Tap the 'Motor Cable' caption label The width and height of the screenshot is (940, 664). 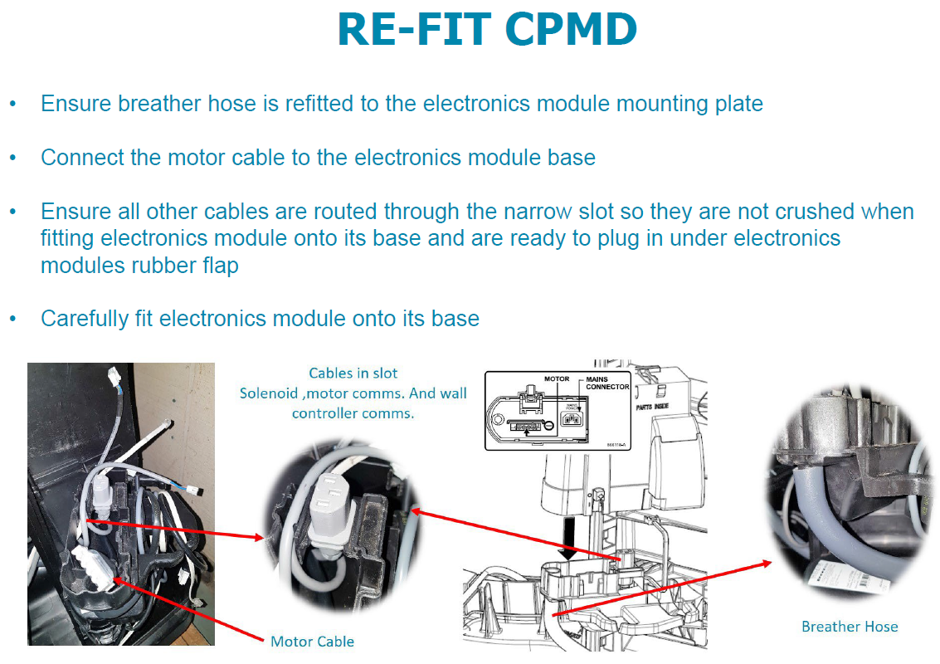pos(312,642)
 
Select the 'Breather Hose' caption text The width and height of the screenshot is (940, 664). pos(850,627)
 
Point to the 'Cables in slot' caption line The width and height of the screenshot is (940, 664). pos(353,373)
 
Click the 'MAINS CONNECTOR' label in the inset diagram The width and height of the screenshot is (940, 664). pos(607,383)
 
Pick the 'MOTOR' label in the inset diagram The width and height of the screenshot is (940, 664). pos(556,378)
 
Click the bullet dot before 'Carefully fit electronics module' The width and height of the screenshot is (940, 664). pos(12,319)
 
